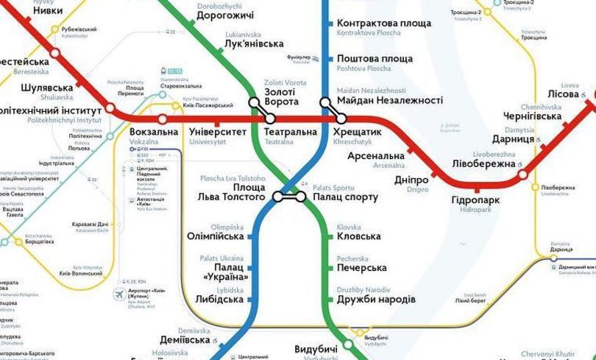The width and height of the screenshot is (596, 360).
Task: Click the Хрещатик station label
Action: [358, 131]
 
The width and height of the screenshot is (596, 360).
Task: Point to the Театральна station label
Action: [290, 132]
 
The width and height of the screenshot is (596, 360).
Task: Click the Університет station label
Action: [218, 132]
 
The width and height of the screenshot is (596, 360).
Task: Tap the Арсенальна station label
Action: [376, 156]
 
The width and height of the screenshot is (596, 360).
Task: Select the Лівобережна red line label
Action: [483, 163]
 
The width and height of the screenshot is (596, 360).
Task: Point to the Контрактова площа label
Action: [383, 24]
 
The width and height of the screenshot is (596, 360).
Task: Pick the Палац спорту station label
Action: [346, 197]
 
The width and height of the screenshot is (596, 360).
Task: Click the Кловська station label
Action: [358, 236]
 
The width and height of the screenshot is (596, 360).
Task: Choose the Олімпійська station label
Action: [216, 236]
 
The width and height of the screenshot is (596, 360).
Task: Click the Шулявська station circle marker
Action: [110, 108]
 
